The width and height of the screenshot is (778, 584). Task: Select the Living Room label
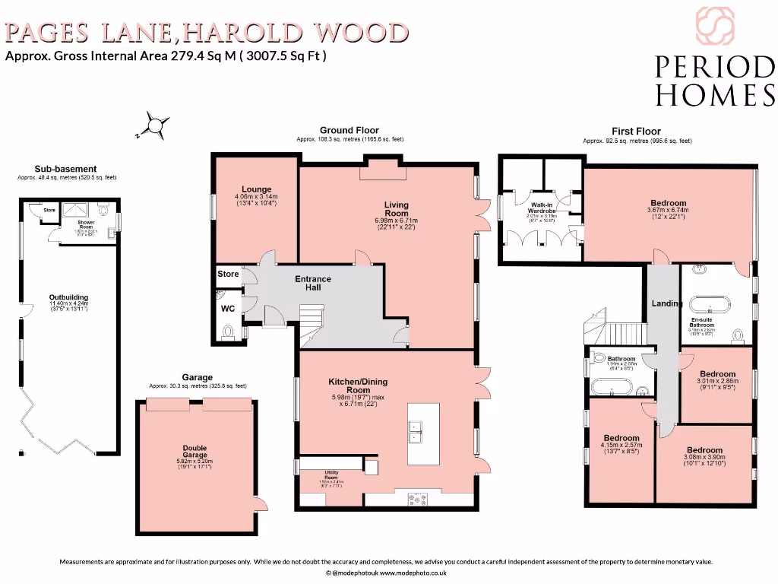pyautogui.click(x=396, y=209)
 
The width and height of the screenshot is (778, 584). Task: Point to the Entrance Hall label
pyautogui.click(x=313, y=283)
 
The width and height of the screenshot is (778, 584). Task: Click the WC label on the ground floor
pyautogui.click(x=228, y=309)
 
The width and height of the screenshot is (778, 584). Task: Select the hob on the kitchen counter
pyautogui.click(x=418, y=500)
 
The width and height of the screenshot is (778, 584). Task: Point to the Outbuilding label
pyautogui.click(x=68, y=297)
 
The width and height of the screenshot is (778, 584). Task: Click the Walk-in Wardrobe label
pyautogui.click(x=542, y=206)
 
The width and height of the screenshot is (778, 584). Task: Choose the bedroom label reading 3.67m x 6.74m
pyautogui.click(x=667, y=203)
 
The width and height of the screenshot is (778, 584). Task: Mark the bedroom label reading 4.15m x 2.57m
pyautogui.click(x=621, y=438)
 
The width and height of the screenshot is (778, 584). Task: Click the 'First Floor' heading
pyautogui.click(x=636, y=132)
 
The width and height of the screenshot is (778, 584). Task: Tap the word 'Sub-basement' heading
pyautogui.click(x=65, y=169)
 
